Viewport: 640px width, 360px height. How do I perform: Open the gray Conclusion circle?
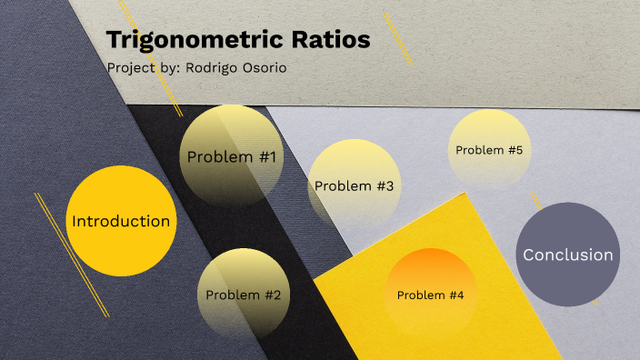click(568, 255)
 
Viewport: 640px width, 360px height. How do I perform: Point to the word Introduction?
click(121, 221)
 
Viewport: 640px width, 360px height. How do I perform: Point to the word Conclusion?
click(568, 255)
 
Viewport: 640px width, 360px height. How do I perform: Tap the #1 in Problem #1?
click(266, 157)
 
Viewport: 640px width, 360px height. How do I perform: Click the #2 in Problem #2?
click(272, 295)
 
